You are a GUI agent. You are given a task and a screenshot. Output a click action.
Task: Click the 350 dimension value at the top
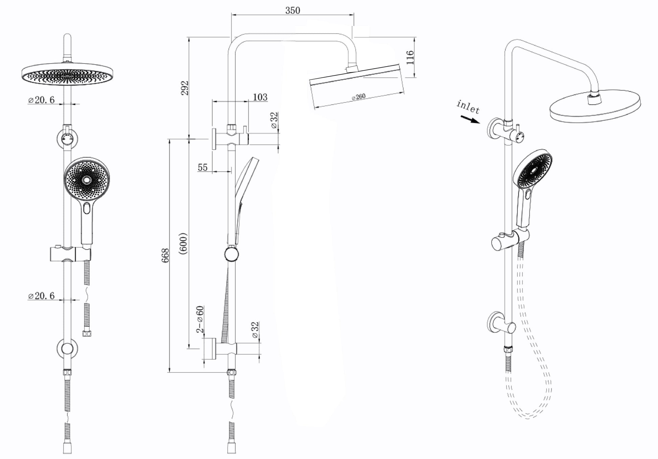coord(292,10)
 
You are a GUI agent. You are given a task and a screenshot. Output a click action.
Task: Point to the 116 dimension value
coord(410,57)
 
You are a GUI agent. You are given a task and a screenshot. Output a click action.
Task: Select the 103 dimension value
coord(260,97)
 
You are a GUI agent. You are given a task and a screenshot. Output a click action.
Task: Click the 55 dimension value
coord(203,167)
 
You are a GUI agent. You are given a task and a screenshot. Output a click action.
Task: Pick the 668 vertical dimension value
coord(165,256)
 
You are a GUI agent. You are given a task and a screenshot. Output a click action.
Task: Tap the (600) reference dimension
coord(184,243)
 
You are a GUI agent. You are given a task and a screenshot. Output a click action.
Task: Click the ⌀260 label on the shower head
coord(358,97)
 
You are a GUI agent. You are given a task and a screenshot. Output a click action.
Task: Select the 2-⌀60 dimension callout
coord(201,319)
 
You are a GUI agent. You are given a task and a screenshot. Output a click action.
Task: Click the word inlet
coord(468,107)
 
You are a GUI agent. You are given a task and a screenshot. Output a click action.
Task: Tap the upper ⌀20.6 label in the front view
coord(41,100)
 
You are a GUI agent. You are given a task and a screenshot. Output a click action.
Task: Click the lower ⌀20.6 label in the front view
coord(41,296)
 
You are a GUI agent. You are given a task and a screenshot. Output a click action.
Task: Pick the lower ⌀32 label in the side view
coord(255,330)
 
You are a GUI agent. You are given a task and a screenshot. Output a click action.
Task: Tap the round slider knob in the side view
coord(231,254)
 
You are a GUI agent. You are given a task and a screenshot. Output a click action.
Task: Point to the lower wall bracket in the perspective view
coord(500,324)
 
